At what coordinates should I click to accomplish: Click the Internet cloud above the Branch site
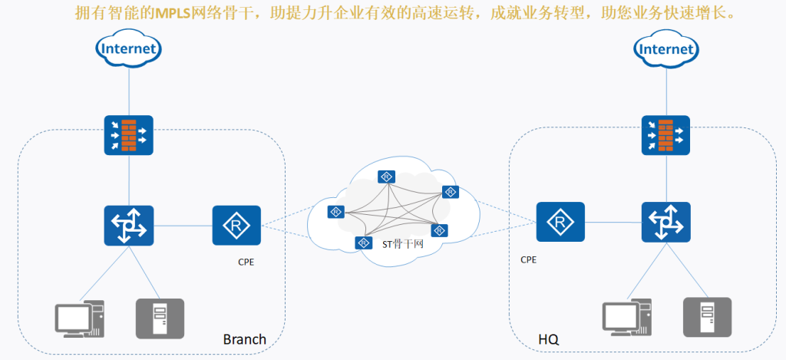[x=129, y=48]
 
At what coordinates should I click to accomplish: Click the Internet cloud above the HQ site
[x=666, y=48]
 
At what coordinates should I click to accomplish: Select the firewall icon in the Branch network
[x=129, y=135]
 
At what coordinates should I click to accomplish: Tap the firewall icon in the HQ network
[x=666, y=135]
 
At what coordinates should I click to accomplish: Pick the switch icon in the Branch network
[x=129, y=226]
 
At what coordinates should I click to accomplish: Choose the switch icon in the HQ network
[x=666, y=222]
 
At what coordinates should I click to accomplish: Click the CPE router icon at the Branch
[x=236, y=226]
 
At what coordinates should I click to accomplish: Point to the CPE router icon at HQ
[x=560, y=222]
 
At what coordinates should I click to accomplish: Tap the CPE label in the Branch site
[x=246, y=263]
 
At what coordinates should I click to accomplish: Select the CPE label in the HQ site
[x=528, y=259]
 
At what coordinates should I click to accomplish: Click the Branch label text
[x=245, y=339]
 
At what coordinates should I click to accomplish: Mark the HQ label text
[x=549, y=339]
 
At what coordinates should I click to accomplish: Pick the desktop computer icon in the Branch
[x=80, y=319]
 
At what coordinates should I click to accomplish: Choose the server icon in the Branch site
[x=160, y=319]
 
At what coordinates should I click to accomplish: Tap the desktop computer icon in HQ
[x=627, y=317]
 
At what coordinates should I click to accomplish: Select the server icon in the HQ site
[x=707, y=317]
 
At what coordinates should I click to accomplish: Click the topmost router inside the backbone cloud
[x=387, y=177]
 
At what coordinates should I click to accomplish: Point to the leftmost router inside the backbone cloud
[x=336, y=212]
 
